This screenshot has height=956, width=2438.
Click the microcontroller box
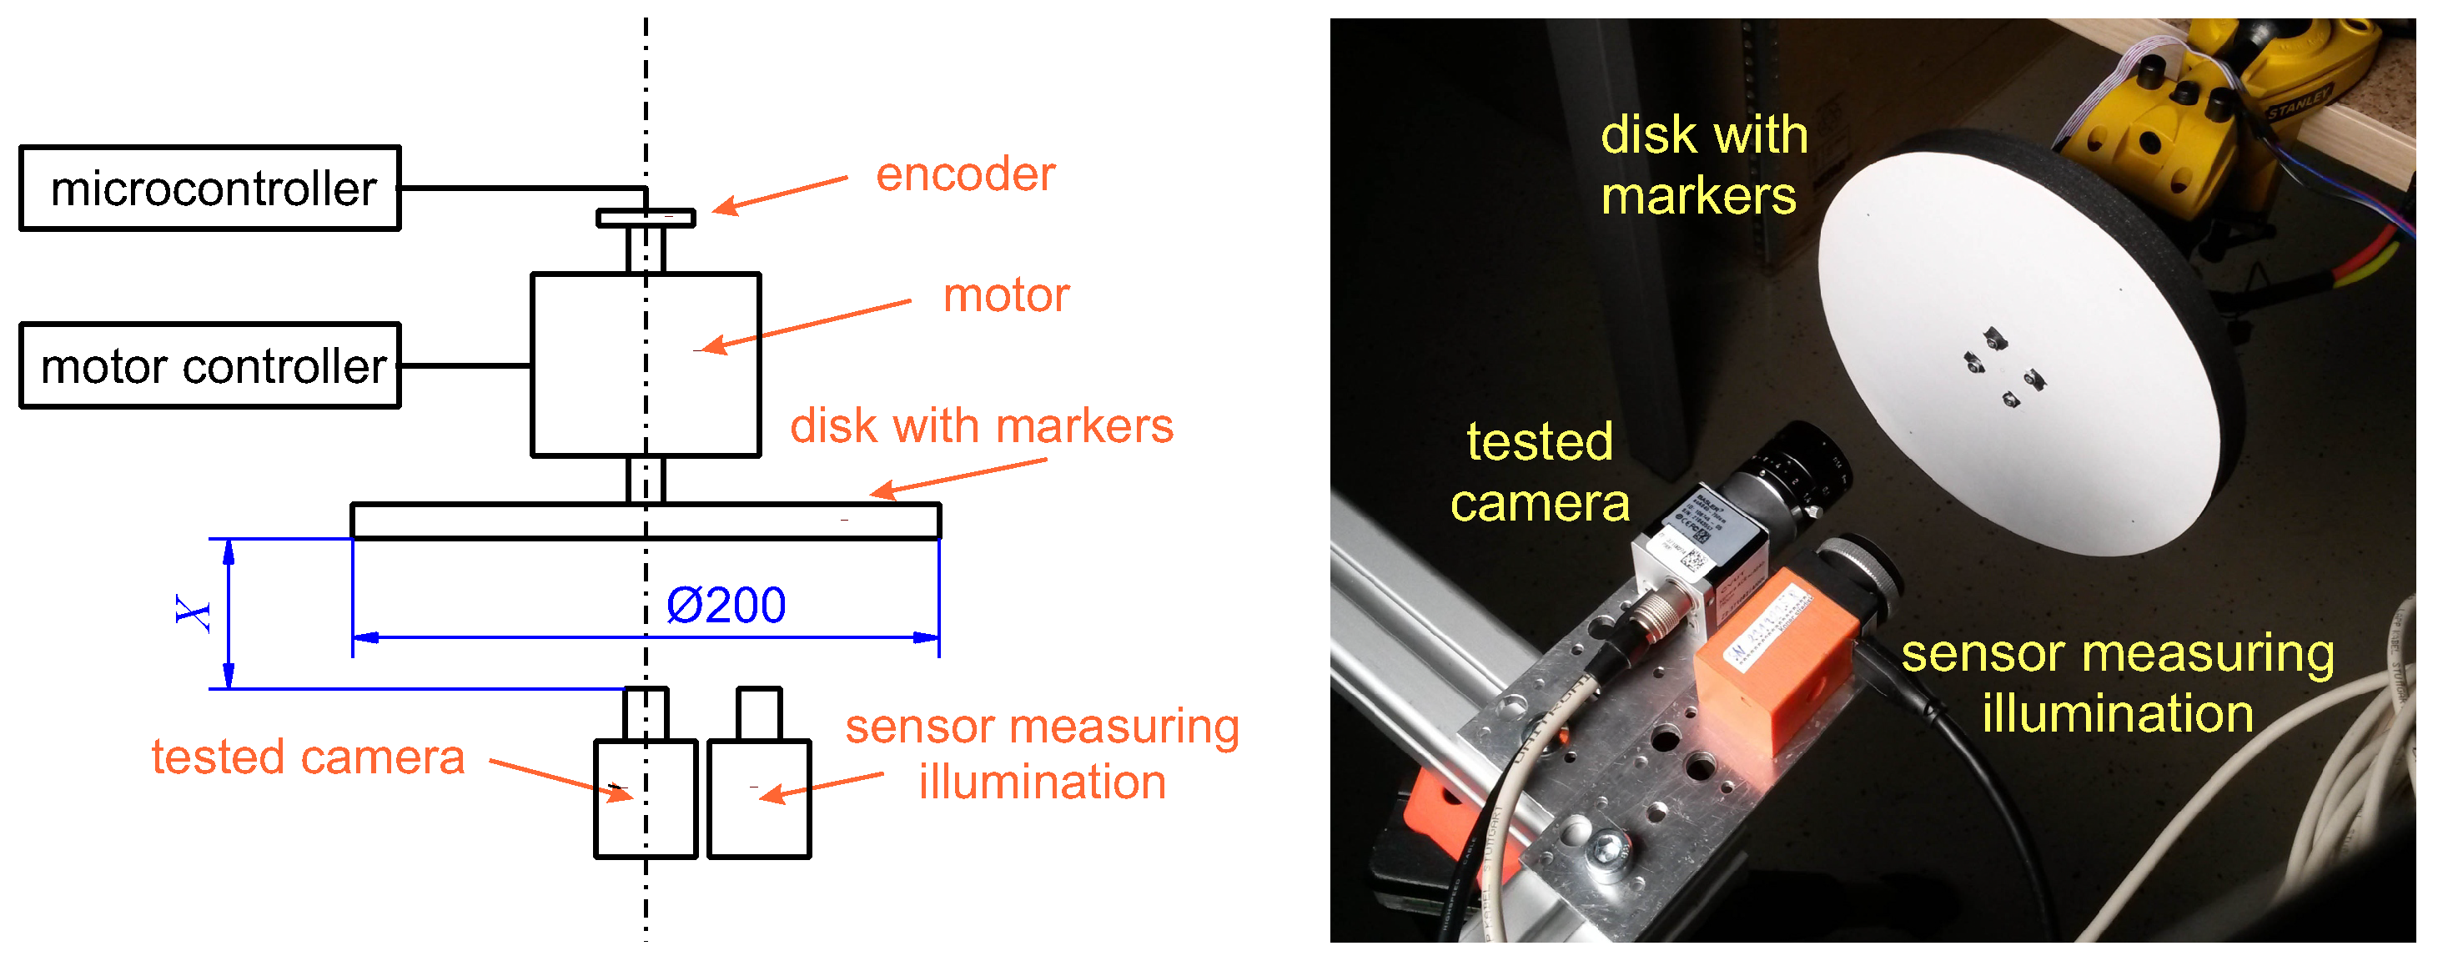(210, 189)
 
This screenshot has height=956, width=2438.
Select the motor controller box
(210, 366)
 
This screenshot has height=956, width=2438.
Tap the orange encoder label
(964, 175)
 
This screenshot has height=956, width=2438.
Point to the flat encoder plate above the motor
(646, 219)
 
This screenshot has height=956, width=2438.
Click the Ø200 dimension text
(726, 606)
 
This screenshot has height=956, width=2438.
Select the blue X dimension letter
(194, 613)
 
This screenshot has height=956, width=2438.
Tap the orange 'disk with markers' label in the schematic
(982, 427)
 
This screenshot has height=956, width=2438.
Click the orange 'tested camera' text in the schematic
(308, 758)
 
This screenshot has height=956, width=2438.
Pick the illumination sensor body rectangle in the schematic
(759, 801)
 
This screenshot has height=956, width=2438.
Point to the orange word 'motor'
(1006, 296)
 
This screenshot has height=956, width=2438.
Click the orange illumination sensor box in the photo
(1770, 662)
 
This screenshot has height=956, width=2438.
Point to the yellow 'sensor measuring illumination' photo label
(2118, 683)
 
